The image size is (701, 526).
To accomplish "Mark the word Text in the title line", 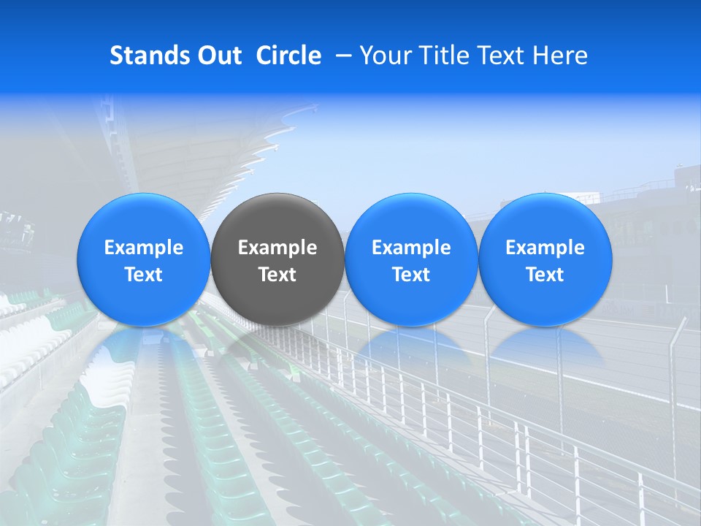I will click(496, 56).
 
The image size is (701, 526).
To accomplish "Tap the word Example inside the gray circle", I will click(277, 248).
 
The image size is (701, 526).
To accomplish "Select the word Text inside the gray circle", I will click(277, 275).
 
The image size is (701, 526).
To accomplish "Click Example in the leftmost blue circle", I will click(144, 248).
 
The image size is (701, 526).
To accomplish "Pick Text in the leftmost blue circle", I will click(144, 275).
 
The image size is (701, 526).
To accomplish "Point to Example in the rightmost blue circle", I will click(545, 248).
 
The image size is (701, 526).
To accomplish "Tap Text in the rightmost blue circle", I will click(545, 275).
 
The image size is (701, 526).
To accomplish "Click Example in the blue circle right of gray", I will click(411, 248).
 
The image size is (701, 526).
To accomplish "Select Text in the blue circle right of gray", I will click(411, 275).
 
